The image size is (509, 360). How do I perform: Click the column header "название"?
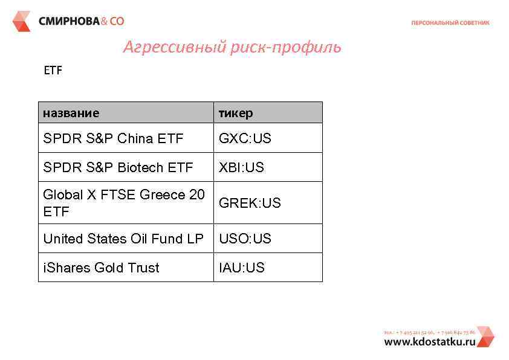pos(71,113)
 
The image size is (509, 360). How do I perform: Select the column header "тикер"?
pos(236,113)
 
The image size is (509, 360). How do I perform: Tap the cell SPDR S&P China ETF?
pos(113,138)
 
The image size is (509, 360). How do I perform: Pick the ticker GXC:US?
pos(245,138)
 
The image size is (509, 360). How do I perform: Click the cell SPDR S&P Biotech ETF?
pos(118,167)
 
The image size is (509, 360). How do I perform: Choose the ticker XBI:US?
pos(241,167)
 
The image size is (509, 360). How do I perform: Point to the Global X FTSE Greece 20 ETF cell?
pos(124,203)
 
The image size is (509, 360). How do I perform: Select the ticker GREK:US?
pos(250,203)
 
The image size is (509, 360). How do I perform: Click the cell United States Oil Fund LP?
pos(123,239)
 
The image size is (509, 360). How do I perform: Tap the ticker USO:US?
pos(245,239)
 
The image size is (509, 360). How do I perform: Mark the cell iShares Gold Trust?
pos(101,268)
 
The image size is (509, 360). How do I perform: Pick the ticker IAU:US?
pos(241,268)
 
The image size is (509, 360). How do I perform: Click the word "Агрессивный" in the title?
pos(175,47)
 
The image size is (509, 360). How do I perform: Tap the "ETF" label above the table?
pos(53,71)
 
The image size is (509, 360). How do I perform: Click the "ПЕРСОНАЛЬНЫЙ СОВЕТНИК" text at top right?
pos(450,23)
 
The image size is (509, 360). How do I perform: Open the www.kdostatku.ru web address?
pos(429,341)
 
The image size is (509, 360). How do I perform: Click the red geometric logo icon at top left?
pos(21,21)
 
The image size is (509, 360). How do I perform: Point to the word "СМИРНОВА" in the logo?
pos(68,21)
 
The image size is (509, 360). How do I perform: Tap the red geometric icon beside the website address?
pos(485,337)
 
